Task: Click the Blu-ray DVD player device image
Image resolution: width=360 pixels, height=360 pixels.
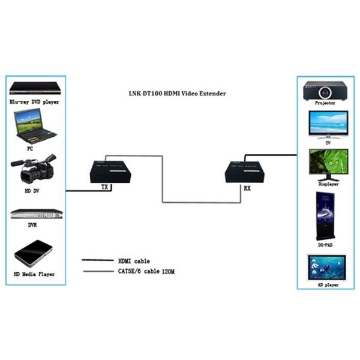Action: pos(35,89)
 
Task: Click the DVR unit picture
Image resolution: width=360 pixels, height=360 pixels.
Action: pos(36,215)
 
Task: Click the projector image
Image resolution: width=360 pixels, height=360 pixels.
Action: pos(325,90)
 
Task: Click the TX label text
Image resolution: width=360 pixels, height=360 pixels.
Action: pos(105,188)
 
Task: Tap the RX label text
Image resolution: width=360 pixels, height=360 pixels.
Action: pos(247,188)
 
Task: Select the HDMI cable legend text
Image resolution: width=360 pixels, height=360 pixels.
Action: pos(134,261)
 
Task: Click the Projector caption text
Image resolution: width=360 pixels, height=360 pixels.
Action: pos(325,103)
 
